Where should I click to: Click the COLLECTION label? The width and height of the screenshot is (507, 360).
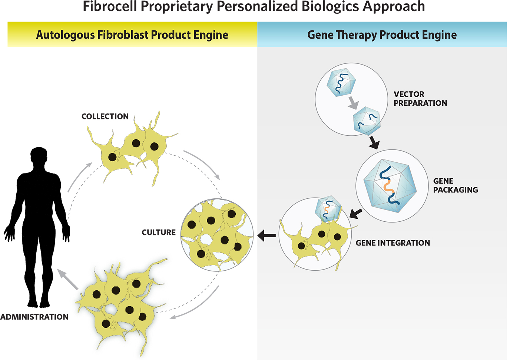(105, 116)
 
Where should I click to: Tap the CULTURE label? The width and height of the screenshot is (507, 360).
(159, 232)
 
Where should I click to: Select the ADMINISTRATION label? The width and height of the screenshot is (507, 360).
(34, 317)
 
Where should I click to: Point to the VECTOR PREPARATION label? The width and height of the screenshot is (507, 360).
(420, 99)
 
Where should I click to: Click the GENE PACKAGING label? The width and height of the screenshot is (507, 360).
(455, 185)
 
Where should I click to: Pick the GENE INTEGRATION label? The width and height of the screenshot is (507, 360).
(393, 243)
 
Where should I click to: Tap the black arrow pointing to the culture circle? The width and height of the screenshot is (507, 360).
(266, 235)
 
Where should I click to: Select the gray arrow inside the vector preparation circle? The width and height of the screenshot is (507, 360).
(354, 103)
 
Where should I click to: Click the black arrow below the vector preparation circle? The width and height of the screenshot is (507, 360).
(374, 143)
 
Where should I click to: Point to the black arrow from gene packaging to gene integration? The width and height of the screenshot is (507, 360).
(355, 214)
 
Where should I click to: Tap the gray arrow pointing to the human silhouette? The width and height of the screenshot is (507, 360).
(67, 279)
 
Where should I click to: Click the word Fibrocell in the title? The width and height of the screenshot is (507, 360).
(110, 6)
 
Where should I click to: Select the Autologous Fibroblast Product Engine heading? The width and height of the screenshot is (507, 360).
(132, 35)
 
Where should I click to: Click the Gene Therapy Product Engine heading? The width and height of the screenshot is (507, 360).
(382, 35)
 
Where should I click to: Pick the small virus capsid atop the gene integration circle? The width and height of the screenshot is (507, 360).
(328, 209)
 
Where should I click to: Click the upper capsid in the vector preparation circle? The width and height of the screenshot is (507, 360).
(341, 82)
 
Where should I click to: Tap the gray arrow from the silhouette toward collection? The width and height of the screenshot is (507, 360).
(80, 177)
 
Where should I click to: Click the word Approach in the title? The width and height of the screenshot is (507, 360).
(394, 7)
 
